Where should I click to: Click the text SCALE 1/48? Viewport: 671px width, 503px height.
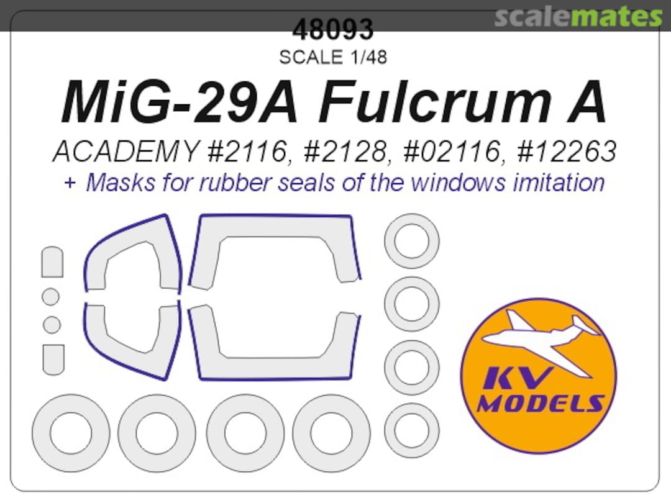click(x=333, y=57)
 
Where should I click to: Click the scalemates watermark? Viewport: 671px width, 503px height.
click(x=578, y=17)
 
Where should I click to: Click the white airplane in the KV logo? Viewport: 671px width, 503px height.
click(x=541, y=338)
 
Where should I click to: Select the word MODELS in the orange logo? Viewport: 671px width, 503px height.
click(x=539, y=404)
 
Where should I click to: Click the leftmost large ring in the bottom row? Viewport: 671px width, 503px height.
click(x=71, y=432)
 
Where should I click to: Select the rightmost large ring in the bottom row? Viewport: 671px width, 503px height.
click(x=332, y=432)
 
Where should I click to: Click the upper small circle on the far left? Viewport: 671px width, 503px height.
click(x=51, y=297)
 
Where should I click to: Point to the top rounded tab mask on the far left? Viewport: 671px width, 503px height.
click(x=52, y=262)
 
